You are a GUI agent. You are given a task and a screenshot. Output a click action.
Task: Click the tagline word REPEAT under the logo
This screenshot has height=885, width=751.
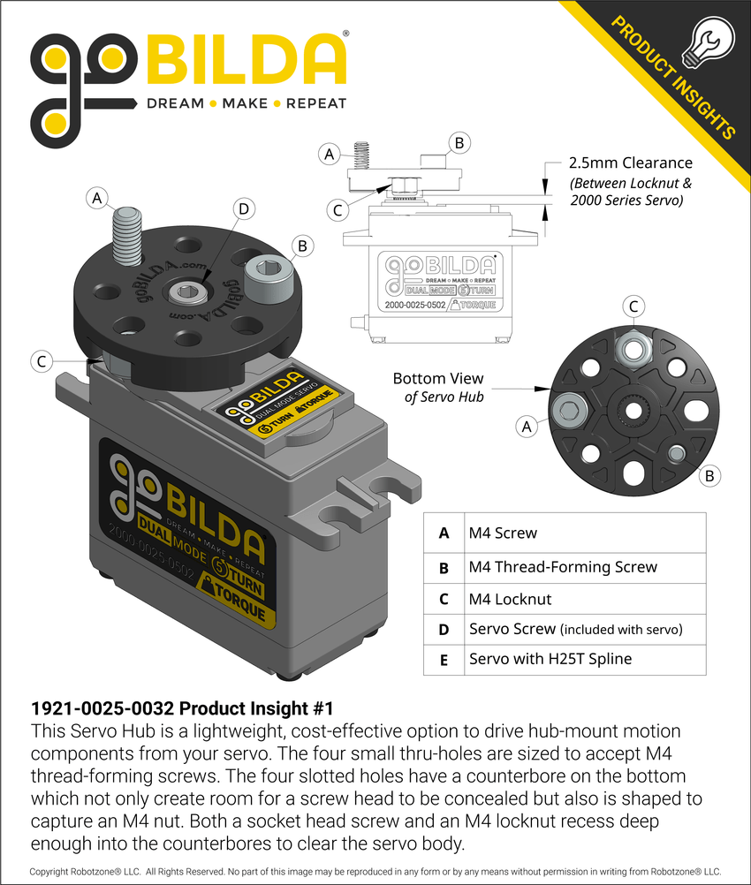click(x=315, y=103)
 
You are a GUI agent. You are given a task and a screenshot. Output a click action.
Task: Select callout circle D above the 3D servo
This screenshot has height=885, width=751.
click(x=244, y=209)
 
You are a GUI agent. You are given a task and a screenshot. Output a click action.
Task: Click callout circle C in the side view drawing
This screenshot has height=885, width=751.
click(x=336, y=210)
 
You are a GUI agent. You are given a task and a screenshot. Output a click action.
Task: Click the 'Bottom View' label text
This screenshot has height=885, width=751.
click(x=438, y=378)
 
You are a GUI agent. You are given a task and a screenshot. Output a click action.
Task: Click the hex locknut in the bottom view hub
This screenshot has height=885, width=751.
click(x=633, y=350)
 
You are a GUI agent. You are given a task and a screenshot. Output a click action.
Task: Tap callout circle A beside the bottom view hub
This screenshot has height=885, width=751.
click(x=527, y=426)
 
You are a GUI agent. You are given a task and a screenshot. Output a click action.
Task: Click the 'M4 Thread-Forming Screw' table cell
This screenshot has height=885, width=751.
click(x=563, y=566)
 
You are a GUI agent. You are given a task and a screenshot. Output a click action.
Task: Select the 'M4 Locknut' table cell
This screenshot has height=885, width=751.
click(x=510, y=599)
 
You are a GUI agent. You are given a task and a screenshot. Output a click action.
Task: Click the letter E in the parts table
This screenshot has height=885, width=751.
click(x=444, y=659)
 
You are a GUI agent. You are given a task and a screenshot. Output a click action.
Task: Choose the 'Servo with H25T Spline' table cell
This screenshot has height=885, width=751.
click(x=550, y=659)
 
